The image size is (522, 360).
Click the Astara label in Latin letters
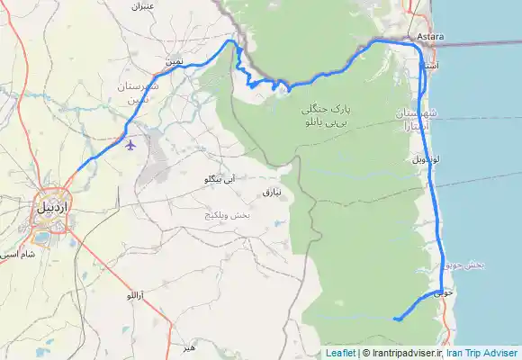pos(430,36)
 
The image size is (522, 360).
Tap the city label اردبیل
pos(53,206)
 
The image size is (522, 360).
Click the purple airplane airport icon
pos(132,143)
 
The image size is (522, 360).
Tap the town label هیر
pos(187,346)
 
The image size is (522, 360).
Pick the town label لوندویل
pos(425,158)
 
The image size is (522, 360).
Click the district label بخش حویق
pos(465,265)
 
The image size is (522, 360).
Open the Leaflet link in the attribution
pos(340,353)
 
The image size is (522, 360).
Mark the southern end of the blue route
pos(394,318)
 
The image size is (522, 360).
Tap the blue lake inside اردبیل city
pos(41,238)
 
